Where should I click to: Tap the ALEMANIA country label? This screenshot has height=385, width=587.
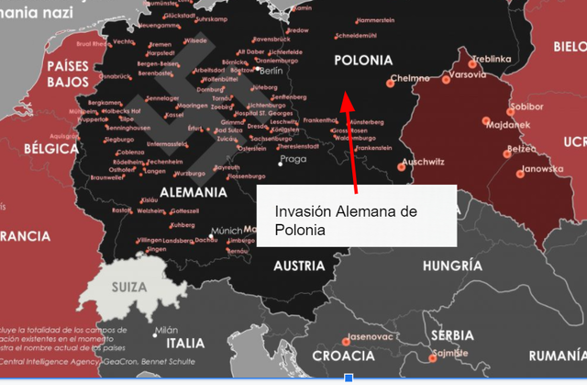pyautogui.click(x=193, y=193)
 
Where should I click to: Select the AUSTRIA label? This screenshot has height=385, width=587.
pyautogui.click(x=299, y=266)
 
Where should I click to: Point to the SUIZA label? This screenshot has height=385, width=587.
pyautogui.click(x=128, y=286)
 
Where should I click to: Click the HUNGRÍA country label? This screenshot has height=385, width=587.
pyautogui.click(x=451, y=266)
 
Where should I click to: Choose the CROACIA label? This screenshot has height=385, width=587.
pyautogui.click(x=343, y=356)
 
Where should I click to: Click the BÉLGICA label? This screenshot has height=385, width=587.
pyautogui.click(x=51, y=148)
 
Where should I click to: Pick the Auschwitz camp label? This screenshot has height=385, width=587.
pyautogui.click(x=422, y=162)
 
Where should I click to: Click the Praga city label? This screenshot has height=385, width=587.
pyautogui.click(x=293, y=159)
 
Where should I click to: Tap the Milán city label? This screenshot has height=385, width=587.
pyautogui.click(x=166, y=329)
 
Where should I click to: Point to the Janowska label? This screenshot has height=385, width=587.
pyautogui.click(x=537, y=170)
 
